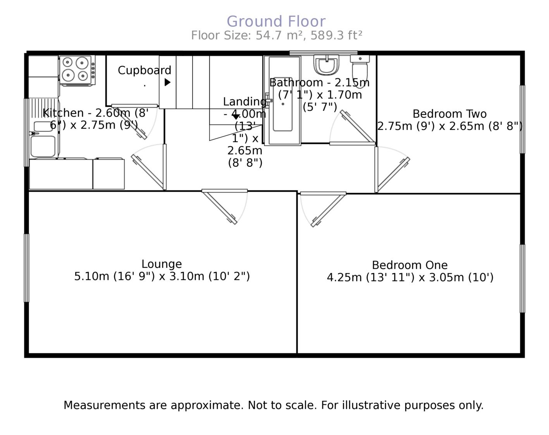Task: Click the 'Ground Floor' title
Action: [276, 21]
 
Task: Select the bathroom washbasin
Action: [327, 65]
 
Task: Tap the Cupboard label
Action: [144, 70]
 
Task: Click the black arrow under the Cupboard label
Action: [167, 82]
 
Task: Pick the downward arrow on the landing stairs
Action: [236, 116]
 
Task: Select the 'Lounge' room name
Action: [162, 264]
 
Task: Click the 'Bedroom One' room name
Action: [410, 265]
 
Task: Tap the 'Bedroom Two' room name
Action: [449, 114]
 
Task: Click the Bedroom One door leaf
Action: [328, 210]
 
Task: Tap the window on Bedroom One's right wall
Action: [522, 278]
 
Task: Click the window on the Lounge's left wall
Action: [26, 268]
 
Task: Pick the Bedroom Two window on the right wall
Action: [522, 119]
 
